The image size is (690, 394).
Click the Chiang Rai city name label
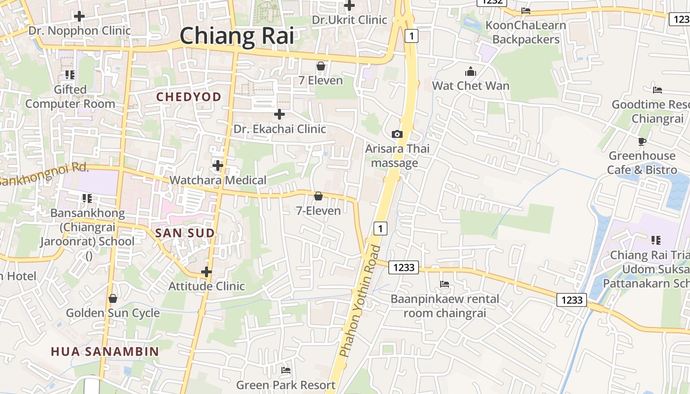(237, 36)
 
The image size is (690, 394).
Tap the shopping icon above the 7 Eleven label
(321, 66)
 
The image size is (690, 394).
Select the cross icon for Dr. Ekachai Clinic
(279, 114)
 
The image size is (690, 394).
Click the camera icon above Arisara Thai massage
(397, 134)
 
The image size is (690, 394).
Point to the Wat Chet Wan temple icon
(471, 71)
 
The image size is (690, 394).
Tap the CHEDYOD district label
(189, 97)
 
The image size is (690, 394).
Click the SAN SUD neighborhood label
(185, 233)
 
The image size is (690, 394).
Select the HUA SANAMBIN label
(105, 351)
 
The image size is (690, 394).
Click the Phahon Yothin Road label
(360, 301)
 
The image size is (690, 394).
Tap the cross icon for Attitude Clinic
(207, 271)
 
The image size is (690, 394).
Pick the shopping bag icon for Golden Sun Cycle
(113, 298)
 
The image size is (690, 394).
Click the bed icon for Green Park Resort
(286, 370)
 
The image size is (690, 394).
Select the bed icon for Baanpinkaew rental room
(444, 284)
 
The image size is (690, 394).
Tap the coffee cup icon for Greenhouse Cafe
(642, 141)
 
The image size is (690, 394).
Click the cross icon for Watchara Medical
(217, 165)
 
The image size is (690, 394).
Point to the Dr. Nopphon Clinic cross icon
(79, 16)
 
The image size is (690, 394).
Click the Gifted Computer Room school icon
(69, 75)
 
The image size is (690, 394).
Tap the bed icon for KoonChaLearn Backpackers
(526, 10)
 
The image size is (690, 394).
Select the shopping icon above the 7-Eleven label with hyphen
(318, 196)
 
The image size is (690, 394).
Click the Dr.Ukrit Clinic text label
(349, 20)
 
